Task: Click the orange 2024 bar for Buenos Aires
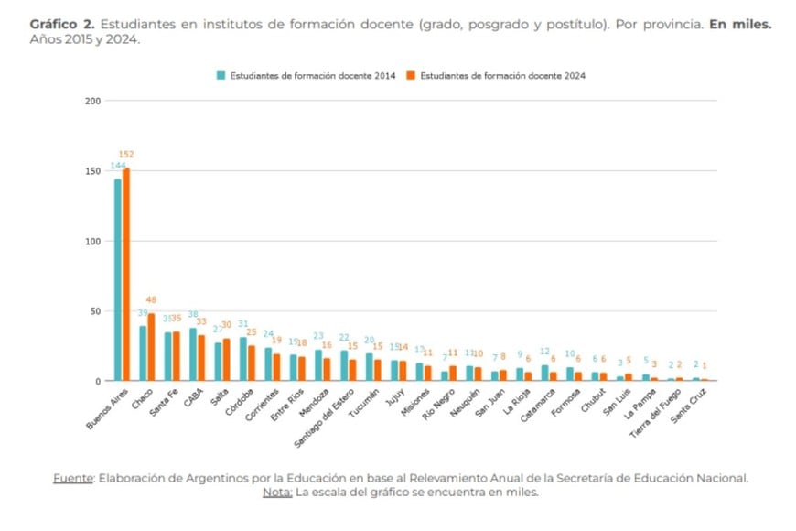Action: [126, 275]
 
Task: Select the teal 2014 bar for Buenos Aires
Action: [117, 279]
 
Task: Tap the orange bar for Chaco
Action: [151, 348]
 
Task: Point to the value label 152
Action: [126, 155]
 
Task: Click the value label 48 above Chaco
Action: [152, 300]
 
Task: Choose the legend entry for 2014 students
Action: [306, 76]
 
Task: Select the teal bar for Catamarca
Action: [544, 373]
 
